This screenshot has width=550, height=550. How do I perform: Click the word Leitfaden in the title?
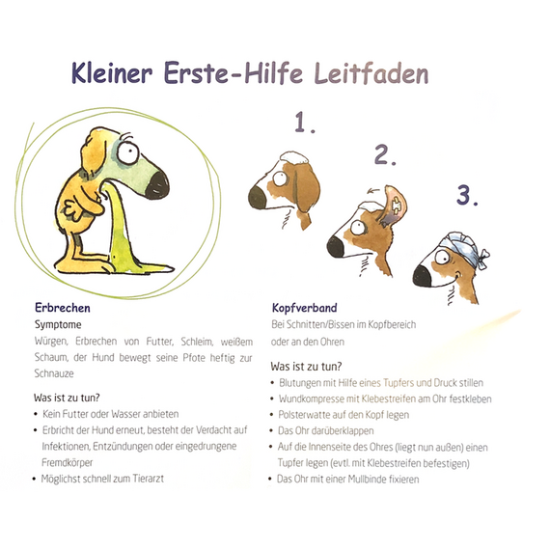(x=367, y=73)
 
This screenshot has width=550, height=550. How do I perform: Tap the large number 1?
(x=306, y=123)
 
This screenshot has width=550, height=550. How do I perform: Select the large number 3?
(x=468, y=196)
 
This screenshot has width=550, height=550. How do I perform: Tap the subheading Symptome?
(x=58, y=325)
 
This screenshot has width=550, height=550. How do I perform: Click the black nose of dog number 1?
(x=257, y=198)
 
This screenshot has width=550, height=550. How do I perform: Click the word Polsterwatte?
(x=305, y=415)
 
